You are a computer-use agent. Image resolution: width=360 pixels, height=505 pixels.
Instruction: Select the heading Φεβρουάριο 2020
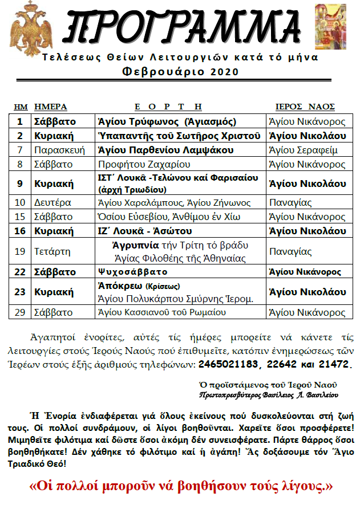[x=180, y=72]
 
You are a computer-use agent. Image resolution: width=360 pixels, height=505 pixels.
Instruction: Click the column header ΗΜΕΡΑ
[x=51, y=107]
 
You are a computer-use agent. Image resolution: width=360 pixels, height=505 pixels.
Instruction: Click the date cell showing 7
[x=20, y=150]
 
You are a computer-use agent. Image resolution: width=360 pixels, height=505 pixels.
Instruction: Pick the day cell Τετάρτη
[x=53, y=251]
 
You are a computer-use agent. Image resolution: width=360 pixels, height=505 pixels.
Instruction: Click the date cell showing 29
[x=20, y=312]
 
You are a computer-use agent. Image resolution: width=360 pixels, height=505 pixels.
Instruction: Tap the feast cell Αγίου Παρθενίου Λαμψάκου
[x=166, y=150]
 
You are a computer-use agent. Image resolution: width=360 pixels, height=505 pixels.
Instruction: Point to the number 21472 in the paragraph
[x=336, y=364]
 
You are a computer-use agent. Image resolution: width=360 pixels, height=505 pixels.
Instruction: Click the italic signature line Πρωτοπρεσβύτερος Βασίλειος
[x=269, y=394]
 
